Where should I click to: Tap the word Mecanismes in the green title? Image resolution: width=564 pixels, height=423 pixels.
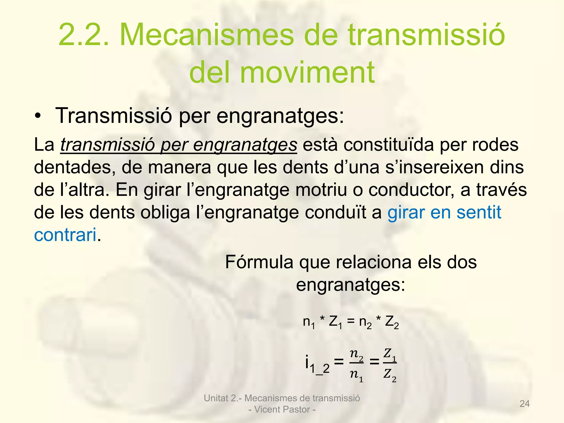(x=207, y=35)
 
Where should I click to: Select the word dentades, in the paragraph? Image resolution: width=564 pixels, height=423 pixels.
(x=74, y=168)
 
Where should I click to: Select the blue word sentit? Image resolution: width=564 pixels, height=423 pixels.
(x=479, y=213)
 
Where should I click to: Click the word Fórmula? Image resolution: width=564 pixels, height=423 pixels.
(x=259, y=262)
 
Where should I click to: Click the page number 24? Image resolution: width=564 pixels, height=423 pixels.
(x=524, y=404)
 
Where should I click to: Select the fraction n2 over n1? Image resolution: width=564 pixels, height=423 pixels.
(x=357, y=366)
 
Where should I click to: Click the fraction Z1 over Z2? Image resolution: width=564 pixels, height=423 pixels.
(x=390, y=366)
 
